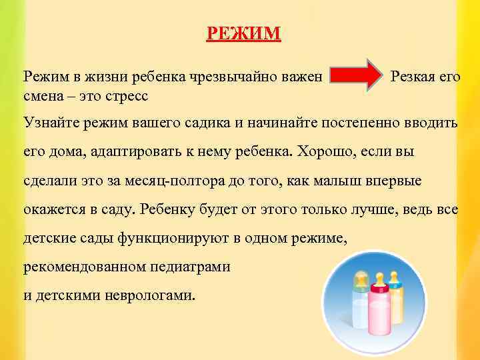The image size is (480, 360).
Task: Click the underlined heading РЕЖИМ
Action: pyautogui.click(x=244, y=33)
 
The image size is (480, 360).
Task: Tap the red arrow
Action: pyautogui.click(x=355, y=78)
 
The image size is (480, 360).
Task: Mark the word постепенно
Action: pyautogui.click(x=363, y=123)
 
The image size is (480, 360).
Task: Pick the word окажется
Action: pyautogui.click(x=51, y=209)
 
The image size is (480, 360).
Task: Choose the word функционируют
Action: pyautogui.click(x=175, y=238)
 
